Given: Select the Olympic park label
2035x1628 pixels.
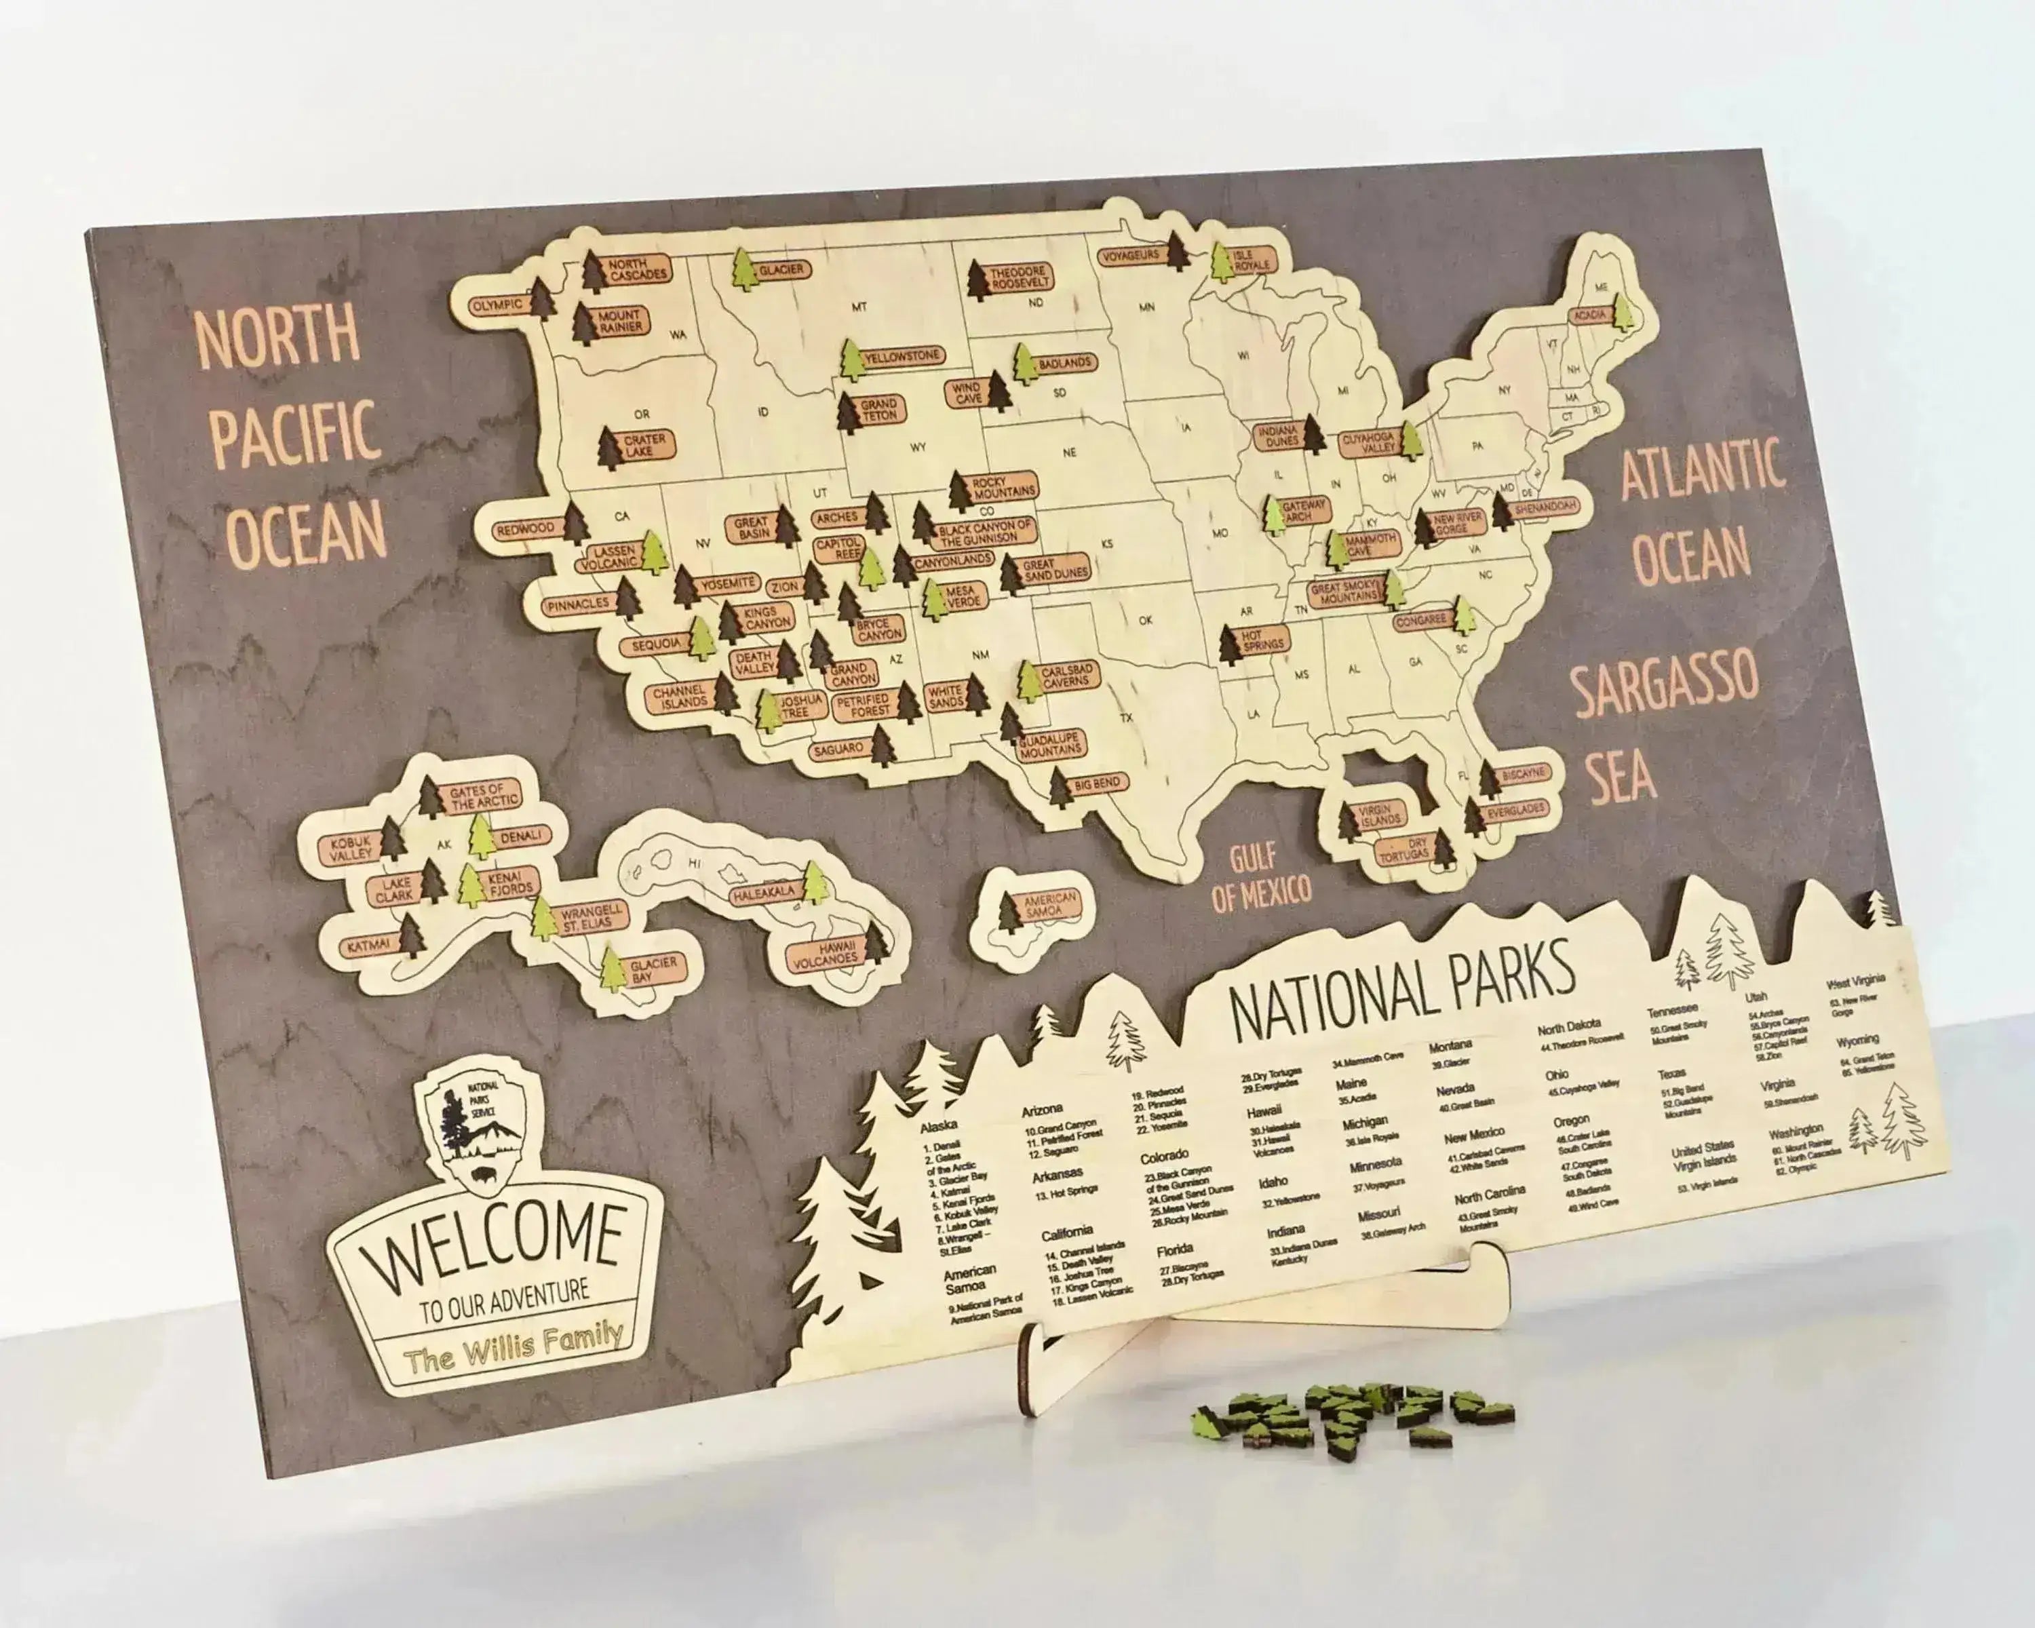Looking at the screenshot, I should click(x=497, y=305).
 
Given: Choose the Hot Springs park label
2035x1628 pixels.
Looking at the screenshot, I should click(x=1263, y=639).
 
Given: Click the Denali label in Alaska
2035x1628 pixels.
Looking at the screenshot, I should click(x=521, y=836).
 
